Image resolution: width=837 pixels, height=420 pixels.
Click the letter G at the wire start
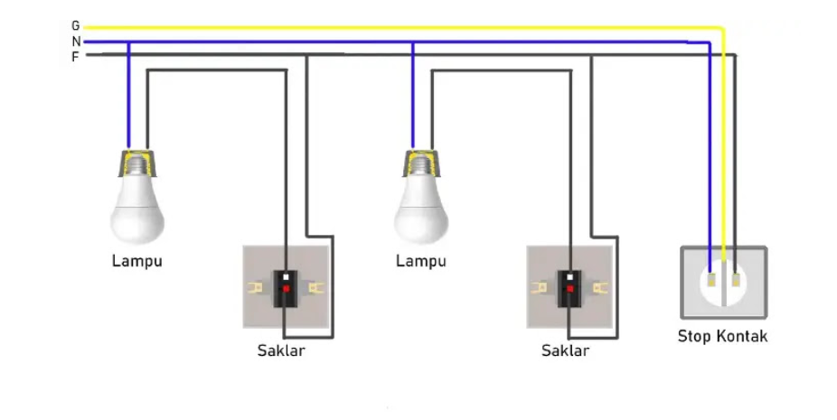click(75, 27)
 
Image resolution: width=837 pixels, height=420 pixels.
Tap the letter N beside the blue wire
click(75, 42)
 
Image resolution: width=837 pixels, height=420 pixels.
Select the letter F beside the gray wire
click(75, 56)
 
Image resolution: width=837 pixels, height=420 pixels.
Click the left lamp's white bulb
click(139, 211)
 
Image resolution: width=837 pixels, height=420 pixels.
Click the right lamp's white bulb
click(422, 211)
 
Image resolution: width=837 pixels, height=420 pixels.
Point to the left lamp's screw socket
click(138, 163)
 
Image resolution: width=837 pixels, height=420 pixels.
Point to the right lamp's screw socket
click(421, 163)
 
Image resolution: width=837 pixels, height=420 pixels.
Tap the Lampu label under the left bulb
click(137, 262)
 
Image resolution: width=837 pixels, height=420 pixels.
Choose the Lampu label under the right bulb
click(421, 262)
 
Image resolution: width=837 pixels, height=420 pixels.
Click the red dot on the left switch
click(287, 288)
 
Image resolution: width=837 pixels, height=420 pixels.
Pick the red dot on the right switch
click(570, 288)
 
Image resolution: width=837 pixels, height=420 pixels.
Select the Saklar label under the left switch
click(281, 350)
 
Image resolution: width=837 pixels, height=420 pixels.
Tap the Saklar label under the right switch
click(565, 350)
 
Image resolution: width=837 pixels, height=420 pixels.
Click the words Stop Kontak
click(722, 337)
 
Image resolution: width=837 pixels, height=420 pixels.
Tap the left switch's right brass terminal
click(315, 288)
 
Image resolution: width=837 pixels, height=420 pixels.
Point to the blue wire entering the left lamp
click(128, 99)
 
